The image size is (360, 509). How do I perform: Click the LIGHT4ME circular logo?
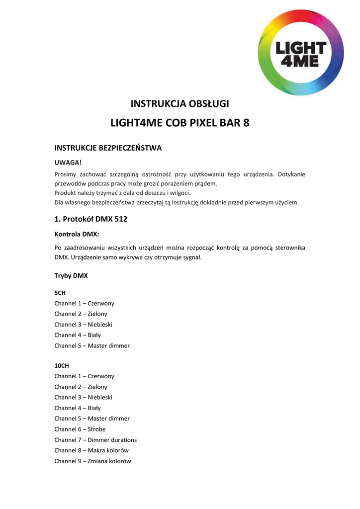(x=301, y=52)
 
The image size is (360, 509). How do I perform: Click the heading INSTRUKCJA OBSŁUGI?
(x=180, y=104)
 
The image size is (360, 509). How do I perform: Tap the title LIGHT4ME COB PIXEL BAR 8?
(x=180, y=123)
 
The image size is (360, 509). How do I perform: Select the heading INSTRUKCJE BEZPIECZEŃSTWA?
(x=108, y=148)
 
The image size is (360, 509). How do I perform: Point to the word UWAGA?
(x=67, y=163)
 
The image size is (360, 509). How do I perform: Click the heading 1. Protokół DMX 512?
(x=91, y=219)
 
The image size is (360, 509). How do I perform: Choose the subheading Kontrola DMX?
(x=77, y=233)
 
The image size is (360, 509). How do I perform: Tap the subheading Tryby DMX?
(x=71, y=275)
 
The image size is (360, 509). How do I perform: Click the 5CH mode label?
(x=60, y=293)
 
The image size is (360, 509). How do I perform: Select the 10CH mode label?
(x=62, y=366)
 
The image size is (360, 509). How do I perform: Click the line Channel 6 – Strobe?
(x=80, y=429)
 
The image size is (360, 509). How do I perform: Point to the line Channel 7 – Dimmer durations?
(x=95, y=440)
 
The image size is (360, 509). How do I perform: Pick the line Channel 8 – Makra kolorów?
(x=91, y=450)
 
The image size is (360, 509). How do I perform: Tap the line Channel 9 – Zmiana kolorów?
(x=92, y=461)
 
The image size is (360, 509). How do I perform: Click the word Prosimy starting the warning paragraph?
(x=66, y=174)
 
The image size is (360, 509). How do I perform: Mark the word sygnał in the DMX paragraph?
(x=192, y=258)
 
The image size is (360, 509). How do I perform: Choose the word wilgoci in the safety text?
(x=179, y=193)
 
